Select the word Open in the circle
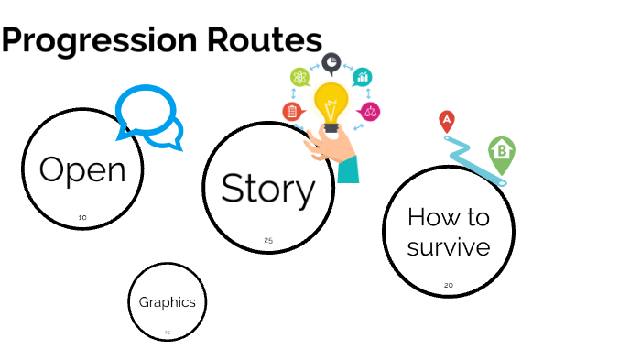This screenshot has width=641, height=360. [82, 170]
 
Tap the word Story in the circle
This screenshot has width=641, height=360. [267, 189]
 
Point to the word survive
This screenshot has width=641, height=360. [449, 247]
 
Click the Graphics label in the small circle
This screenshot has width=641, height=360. [167, 302]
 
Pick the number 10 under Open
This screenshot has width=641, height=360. [82, 218]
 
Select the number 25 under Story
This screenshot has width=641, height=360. [268, 240]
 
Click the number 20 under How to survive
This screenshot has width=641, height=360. [449, 285]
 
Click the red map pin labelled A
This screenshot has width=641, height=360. [447, 120]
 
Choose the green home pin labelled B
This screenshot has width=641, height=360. [501, 152]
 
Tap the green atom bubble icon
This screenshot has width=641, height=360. [299, 77]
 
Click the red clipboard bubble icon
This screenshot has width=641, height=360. [292, 112]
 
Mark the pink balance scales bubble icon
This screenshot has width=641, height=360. [370, 112]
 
